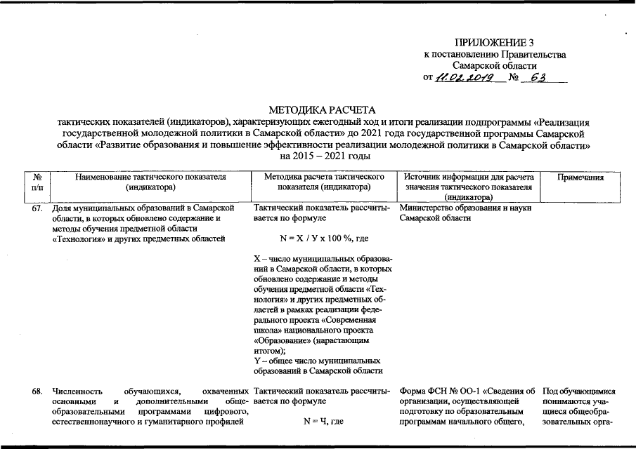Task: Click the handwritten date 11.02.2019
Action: point(465,77)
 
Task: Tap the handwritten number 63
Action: point(538,76)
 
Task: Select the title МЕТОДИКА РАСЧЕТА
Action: point(323,110)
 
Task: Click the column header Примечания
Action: point(580,178)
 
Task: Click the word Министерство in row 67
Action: point(424,208)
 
